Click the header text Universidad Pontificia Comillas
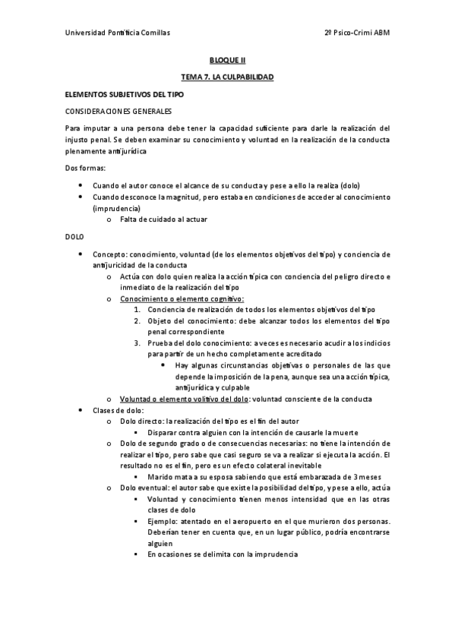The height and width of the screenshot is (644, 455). (x=117, y=33)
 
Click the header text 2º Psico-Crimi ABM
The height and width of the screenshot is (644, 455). (x=356, y=33)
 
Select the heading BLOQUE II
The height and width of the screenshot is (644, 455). (x=227, y=58)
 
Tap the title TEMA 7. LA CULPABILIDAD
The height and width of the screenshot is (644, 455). (x=227, y=77)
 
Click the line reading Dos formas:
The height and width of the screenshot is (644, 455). (x=85, y=167)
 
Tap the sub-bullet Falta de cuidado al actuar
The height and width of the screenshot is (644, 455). (x=163, y=219)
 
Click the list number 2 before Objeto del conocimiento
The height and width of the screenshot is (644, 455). (x=136, y=320)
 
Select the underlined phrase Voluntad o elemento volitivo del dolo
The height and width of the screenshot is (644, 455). (x=184, y=399)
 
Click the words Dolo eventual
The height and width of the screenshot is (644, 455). (x=144, y=488)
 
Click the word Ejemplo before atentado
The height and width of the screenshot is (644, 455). (x=163, y=521)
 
